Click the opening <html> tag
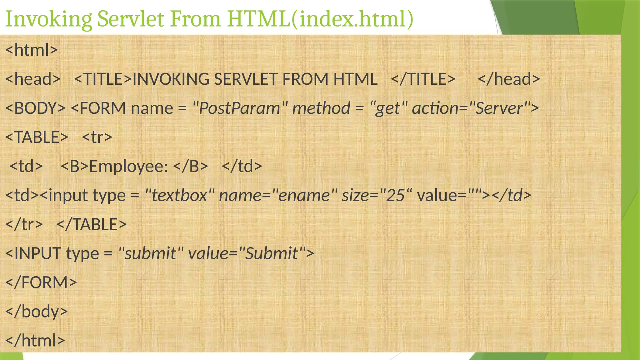(32, 50)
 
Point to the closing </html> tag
(35, 340)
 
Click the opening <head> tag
(33, 79)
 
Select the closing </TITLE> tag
(423, 79)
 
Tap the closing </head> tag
(509, 79)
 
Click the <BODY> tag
(35, 108)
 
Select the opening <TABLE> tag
(37, 137)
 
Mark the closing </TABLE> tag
(91, 224)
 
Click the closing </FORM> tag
(41, 282)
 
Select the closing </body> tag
(37, 312)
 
